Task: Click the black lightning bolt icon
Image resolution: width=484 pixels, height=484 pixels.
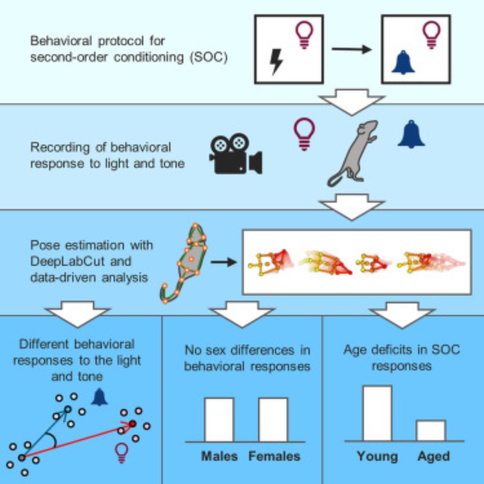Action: (276, 61)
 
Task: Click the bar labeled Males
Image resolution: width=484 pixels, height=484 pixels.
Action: (219, 419)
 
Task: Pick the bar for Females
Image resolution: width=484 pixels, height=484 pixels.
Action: (273, 419)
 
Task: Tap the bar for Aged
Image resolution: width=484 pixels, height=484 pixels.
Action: (431, 430)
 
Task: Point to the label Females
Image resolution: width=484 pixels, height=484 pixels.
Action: (274, 456)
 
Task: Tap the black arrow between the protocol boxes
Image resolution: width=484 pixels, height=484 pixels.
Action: (351, 49)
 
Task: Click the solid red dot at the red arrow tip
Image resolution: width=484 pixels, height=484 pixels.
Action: (133, 423)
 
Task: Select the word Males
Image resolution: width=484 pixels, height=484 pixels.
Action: (219, 456)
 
